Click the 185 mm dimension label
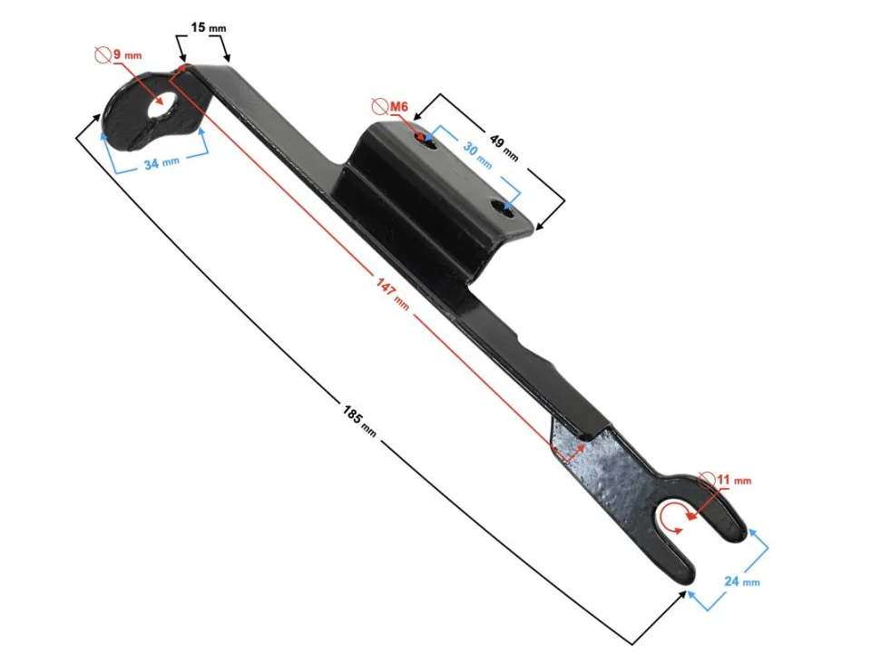click(x=359, y=418)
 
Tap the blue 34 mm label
click(x=162, y=164)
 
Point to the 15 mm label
click(x=209, y=27)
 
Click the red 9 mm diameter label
click(x=128, y=55)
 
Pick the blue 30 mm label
click(x=478, y=156)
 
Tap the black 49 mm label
click(x=504, y=147)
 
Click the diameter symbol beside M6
click(x=380, y=107)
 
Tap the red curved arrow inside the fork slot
click(x=672, y=518)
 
